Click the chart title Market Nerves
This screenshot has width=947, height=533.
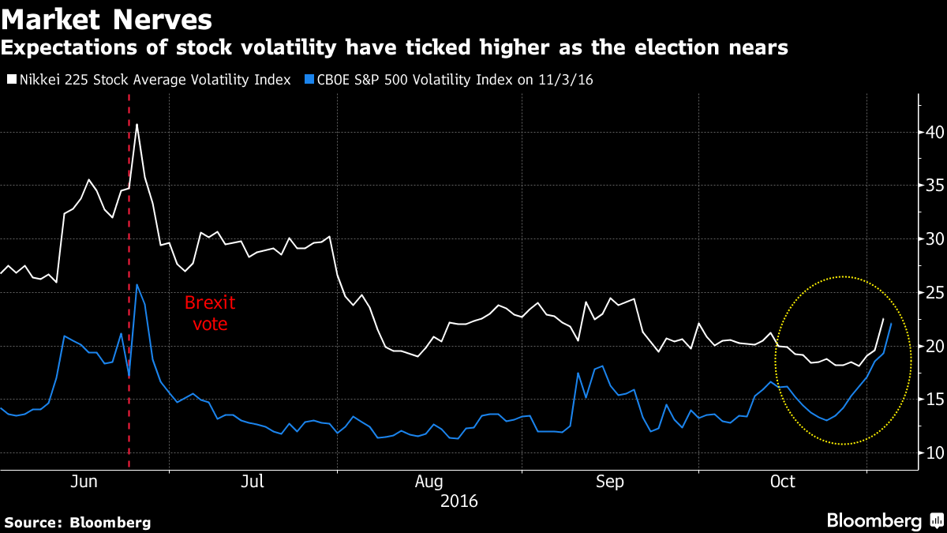107,18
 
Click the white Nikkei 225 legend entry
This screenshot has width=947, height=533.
148,80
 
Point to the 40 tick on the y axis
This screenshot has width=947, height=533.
935,132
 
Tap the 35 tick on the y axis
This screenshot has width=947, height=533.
935,186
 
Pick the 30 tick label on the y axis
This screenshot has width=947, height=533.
935,238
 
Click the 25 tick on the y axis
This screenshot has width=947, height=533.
935,292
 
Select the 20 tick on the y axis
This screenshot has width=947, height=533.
935,346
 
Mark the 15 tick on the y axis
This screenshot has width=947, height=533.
935,399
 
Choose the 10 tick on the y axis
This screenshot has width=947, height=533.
935,452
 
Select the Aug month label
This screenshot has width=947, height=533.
429,482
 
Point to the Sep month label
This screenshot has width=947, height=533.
610,482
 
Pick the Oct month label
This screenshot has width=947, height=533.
783,482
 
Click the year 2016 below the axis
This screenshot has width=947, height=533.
459,501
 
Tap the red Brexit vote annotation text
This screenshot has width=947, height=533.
210,313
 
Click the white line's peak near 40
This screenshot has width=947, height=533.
137,124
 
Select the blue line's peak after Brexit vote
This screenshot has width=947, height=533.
137,284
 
